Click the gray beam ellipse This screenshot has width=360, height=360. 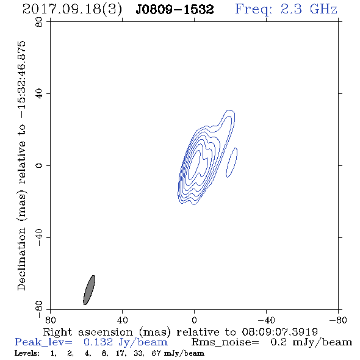pos(89,290)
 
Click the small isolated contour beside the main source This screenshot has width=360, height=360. pos(232,162)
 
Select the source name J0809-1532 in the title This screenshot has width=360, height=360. pos(175,10)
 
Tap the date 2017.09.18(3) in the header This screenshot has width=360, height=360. pos(72,10)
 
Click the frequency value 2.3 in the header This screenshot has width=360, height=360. pos(291,9)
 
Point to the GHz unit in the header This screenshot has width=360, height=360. pos(324,9)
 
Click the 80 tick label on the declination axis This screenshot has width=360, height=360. pos(39,22)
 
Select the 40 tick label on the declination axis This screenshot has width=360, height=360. pos(39,94)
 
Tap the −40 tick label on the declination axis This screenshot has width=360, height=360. pos(39,237)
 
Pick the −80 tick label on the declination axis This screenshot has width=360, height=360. pos(39,309)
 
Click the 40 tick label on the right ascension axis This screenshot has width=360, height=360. pos(122,320)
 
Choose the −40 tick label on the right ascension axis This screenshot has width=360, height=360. pos(266,320)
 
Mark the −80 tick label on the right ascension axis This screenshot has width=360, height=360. pos(338,320)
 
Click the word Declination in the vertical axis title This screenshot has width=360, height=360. pos(21,259)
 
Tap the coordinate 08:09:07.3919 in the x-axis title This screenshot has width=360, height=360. pos(279,332)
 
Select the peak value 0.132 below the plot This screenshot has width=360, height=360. pos(98,342)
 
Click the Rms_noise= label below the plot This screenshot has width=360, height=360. pos(225,342)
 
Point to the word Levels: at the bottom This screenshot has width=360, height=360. pos(27,353)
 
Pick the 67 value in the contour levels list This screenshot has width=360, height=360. pos(156,353)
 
